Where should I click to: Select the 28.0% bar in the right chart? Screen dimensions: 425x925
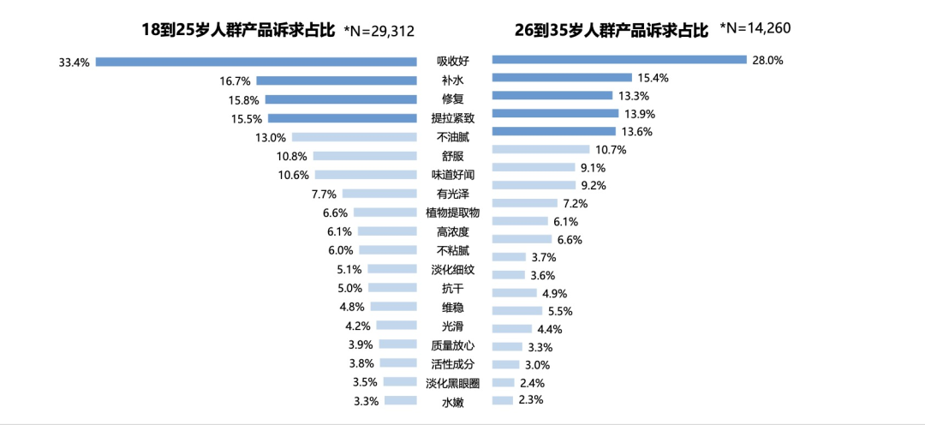[x=619, y=59]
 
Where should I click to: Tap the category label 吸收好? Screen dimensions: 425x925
[x=452, y=60]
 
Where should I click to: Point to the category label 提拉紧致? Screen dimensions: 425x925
[x=452, y=117]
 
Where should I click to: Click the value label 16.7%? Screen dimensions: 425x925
[x=235, y=81]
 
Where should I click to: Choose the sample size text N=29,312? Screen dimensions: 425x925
[x=379, y=31]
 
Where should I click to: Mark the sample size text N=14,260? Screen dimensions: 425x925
[x=755, y=28]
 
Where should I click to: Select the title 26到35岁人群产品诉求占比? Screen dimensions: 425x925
[x=612, y=30]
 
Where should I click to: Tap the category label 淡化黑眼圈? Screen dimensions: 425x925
[x=452, y=382]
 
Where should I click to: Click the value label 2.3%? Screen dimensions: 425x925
[x=532, y=399]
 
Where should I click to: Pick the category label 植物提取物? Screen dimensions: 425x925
[x=452, y=212]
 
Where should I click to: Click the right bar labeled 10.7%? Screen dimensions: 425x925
[x=540, y=149]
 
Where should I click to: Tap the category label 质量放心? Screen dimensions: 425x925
[x=452, y=345]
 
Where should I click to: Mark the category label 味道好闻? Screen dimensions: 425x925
[x=452, y=175]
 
